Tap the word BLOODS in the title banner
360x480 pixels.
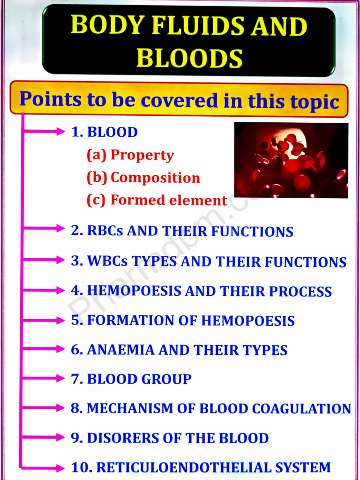[x=189, y=59]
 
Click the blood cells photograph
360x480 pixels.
[x=291, y=160]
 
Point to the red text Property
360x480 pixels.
[x=142, y=155]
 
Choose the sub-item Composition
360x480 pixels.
[x=155, y=178]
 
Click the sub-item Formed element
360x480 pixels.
[x=169, y=201]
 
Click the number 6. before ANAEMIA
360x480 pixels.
[x=77, y=350]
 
